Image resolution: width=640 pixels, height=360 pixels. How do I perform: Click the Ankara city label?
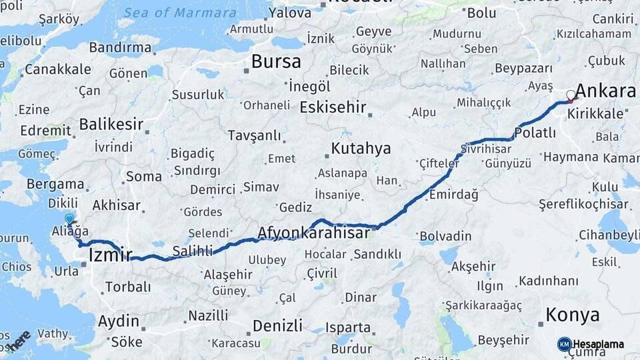tap(605, 91)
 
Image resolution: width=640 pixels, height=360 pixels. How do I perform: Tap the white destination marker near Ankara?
tap(571, 95)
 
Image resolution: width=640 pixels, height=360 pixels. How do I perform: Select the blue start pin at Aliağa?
tap(69, 219)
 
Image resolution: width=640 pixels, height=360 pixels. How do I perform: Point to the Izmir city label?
tap(105, 253)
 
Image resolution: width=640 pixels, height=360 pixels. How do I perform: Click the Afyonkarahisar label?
tap(314, 233)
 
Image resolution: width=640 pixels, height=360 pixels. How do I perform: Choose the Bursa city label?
tap(276, 62)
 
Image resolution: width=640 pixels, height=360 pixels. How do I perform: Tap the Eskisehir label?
tap(333, 107)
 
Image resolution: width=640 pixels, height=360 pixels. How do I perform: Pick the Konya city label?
tap(573, 314)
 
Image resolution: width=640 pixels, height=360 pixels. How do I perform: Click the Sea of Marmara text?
tap(181, 13)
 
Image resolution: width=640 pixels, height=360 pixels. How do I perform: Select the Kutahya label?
tap(361, 148)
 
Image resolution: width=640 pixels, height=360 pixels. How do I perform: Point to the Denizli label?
tap(277, 326)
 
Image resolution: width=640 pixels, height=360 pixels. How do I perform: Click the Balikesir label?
tap(111, 124)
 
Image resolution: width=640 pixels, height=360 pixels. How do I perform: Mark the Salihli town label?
tap(193, 251)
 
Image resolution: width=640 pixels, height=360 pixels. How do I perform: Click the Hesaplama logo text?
tap(599, 344)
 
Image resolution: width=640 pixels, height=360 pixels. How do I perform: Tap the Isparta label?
tap(348, 327)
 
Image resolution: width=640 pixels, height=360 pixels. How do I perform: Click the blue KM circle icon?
tap(564, 344)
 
